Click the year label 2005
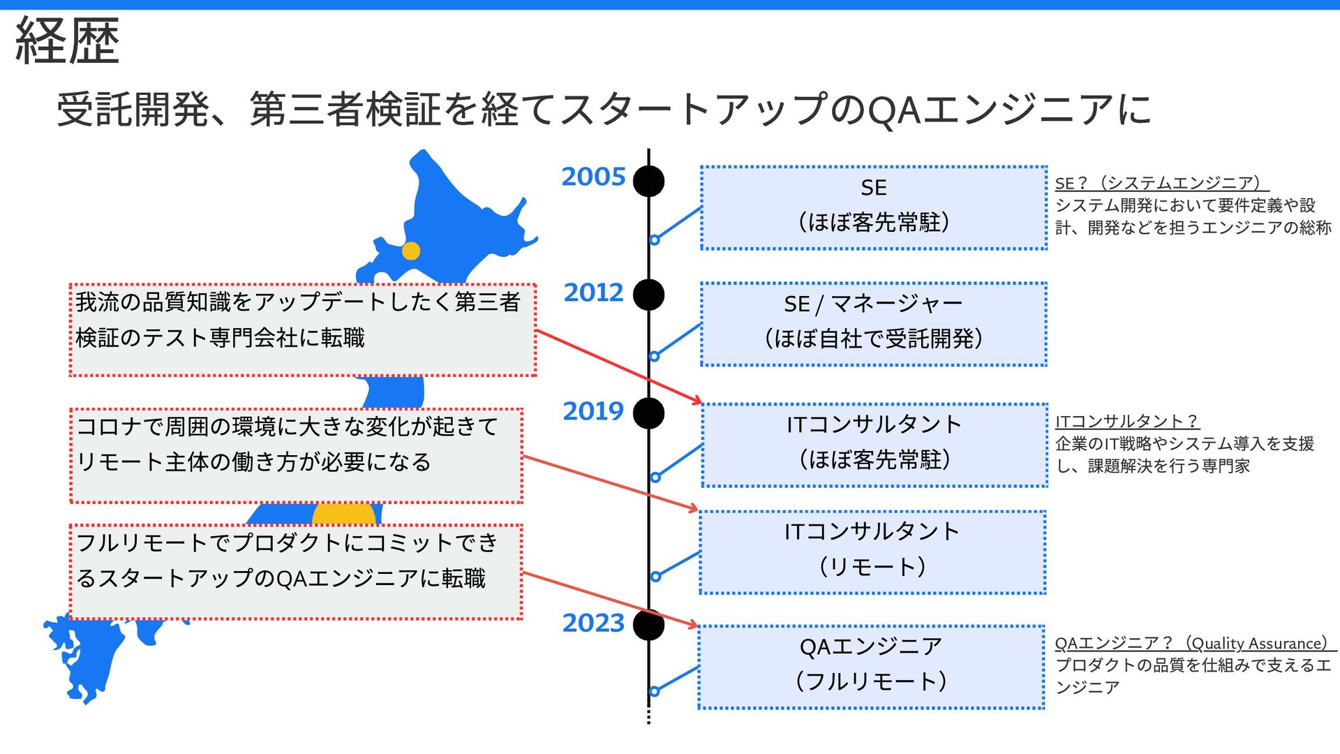(593, 177)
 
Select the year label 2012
(593, 293)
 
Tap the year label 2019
(593, 411)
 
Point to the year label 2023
(593, 623)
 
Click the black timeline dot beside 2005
(648, 181)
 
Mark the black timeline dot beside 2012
(648, 295)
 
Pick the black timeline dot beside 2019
(648, 413)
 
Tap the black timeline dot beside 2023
(648, 624)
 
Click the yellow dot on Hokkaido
(411, 251)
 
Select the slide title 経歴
(68, 41)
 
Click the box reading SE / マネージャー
(873, 324)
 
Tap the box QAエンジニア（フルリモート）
(871, 667)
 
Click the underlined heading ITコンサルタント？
(1126, 421)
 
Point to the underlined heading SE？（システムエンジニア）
(1161, 183)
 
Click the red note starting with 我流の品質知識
(303, 330)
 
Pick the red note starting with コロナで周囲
(296, 455)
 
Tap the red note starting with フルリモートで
(296, 572)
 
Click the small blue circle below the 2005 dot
(655, 240)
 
